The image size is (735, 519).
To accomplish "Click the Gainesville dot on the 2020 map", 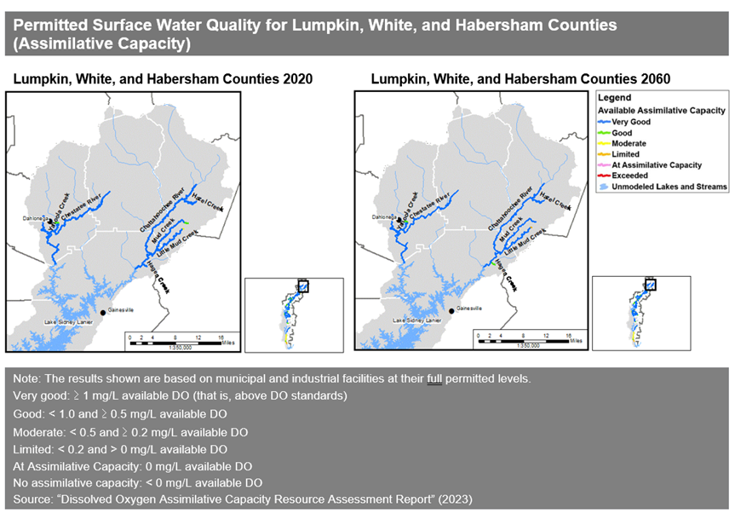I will point(104,312).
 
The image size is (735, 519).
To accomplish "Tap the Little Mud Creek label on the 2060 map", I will point(523,241).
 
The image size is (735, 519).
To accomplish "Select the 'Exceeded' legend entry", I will point(631,175).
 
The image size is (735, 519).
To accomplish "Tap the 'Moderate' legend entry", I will point(631,143).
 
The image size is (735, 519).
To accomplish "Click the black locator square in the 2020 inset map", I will point(302,286).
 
